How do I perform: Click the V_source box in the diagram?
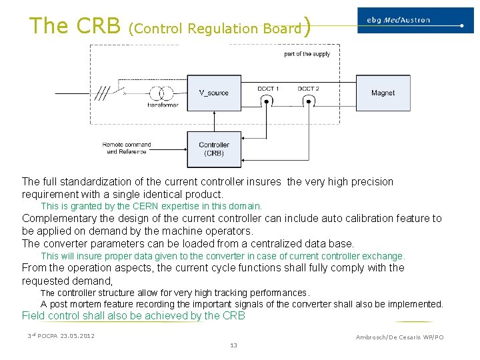pos(213,93)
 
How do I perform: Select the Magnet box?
pos(383,93)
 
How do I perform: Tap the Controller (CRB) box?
pos(213,149)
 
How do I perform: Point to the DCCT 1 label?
pos(268,88)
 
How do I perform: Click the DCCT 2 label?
pos(308,88)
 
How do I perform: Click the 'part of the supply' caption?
pos(307,54)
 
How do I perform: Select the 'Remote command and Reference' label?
pos(127,148)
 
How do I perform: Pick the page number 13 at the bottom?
pos(233,345)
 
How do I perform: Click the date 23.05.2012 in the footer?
pos(77,335)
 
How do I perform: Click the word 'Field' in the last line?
pos(34,316)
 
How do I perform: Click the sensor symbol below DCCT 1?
pos(267,101)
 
